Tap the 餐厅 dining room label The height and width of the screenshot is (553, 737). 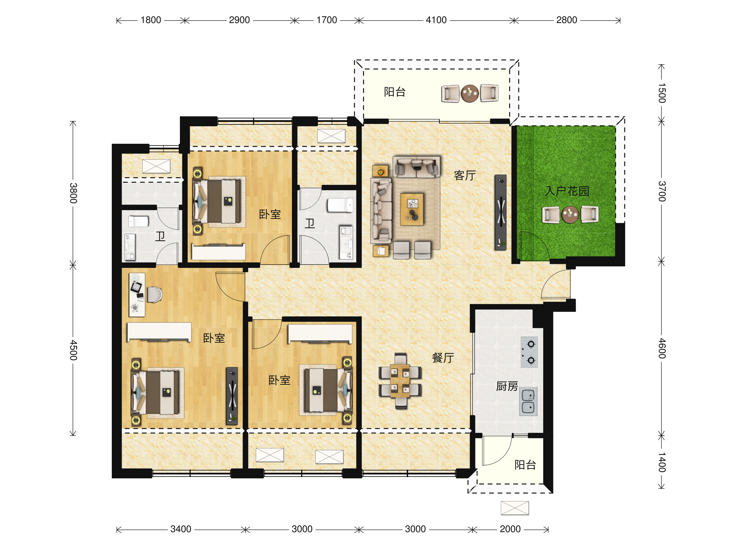[x=443, y=358]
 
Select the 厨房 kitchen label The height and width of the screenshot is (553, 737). [x=507, y=386]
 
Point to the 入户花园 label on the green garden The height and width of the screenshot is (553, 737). [x=567, y=191]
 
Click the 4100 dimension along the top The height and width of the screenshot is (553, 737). [x=436, y=20]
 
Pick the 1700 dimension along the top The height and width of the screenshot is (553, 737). [x=326, y=20]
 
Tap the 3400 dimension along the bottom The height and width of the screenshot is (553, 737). [x=181, y=529]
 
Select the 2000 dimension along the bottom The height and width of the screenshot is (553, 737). [x=510, y=529]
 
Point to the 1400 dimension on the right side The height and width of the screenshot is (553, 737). [x=662, y=462]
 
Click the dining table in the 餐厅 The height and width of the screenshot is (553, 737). [x=400, y=381]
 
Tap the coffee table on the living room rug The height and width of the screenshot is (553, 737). [x=412, y=209]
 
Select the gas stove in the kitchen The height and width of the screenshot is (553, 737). [x=529, y=352]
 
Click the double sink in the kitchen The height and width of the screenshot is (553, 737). [x=528, y=401]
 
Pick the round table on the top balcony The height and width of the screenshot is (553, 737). [x=470, y=93]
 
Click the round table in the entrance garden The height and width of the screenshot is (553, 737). [x=570, y=214]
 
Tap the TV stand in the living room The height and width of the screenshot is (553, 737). [x=501, y=212]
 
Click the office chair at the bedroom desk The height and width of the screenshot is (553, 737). [x=154, y=294]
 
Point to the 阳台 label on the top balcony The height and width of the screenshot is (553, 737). [x=395, y=92]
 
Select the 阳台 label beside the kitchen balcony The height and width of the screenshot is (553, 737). [x=525, y=465]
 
